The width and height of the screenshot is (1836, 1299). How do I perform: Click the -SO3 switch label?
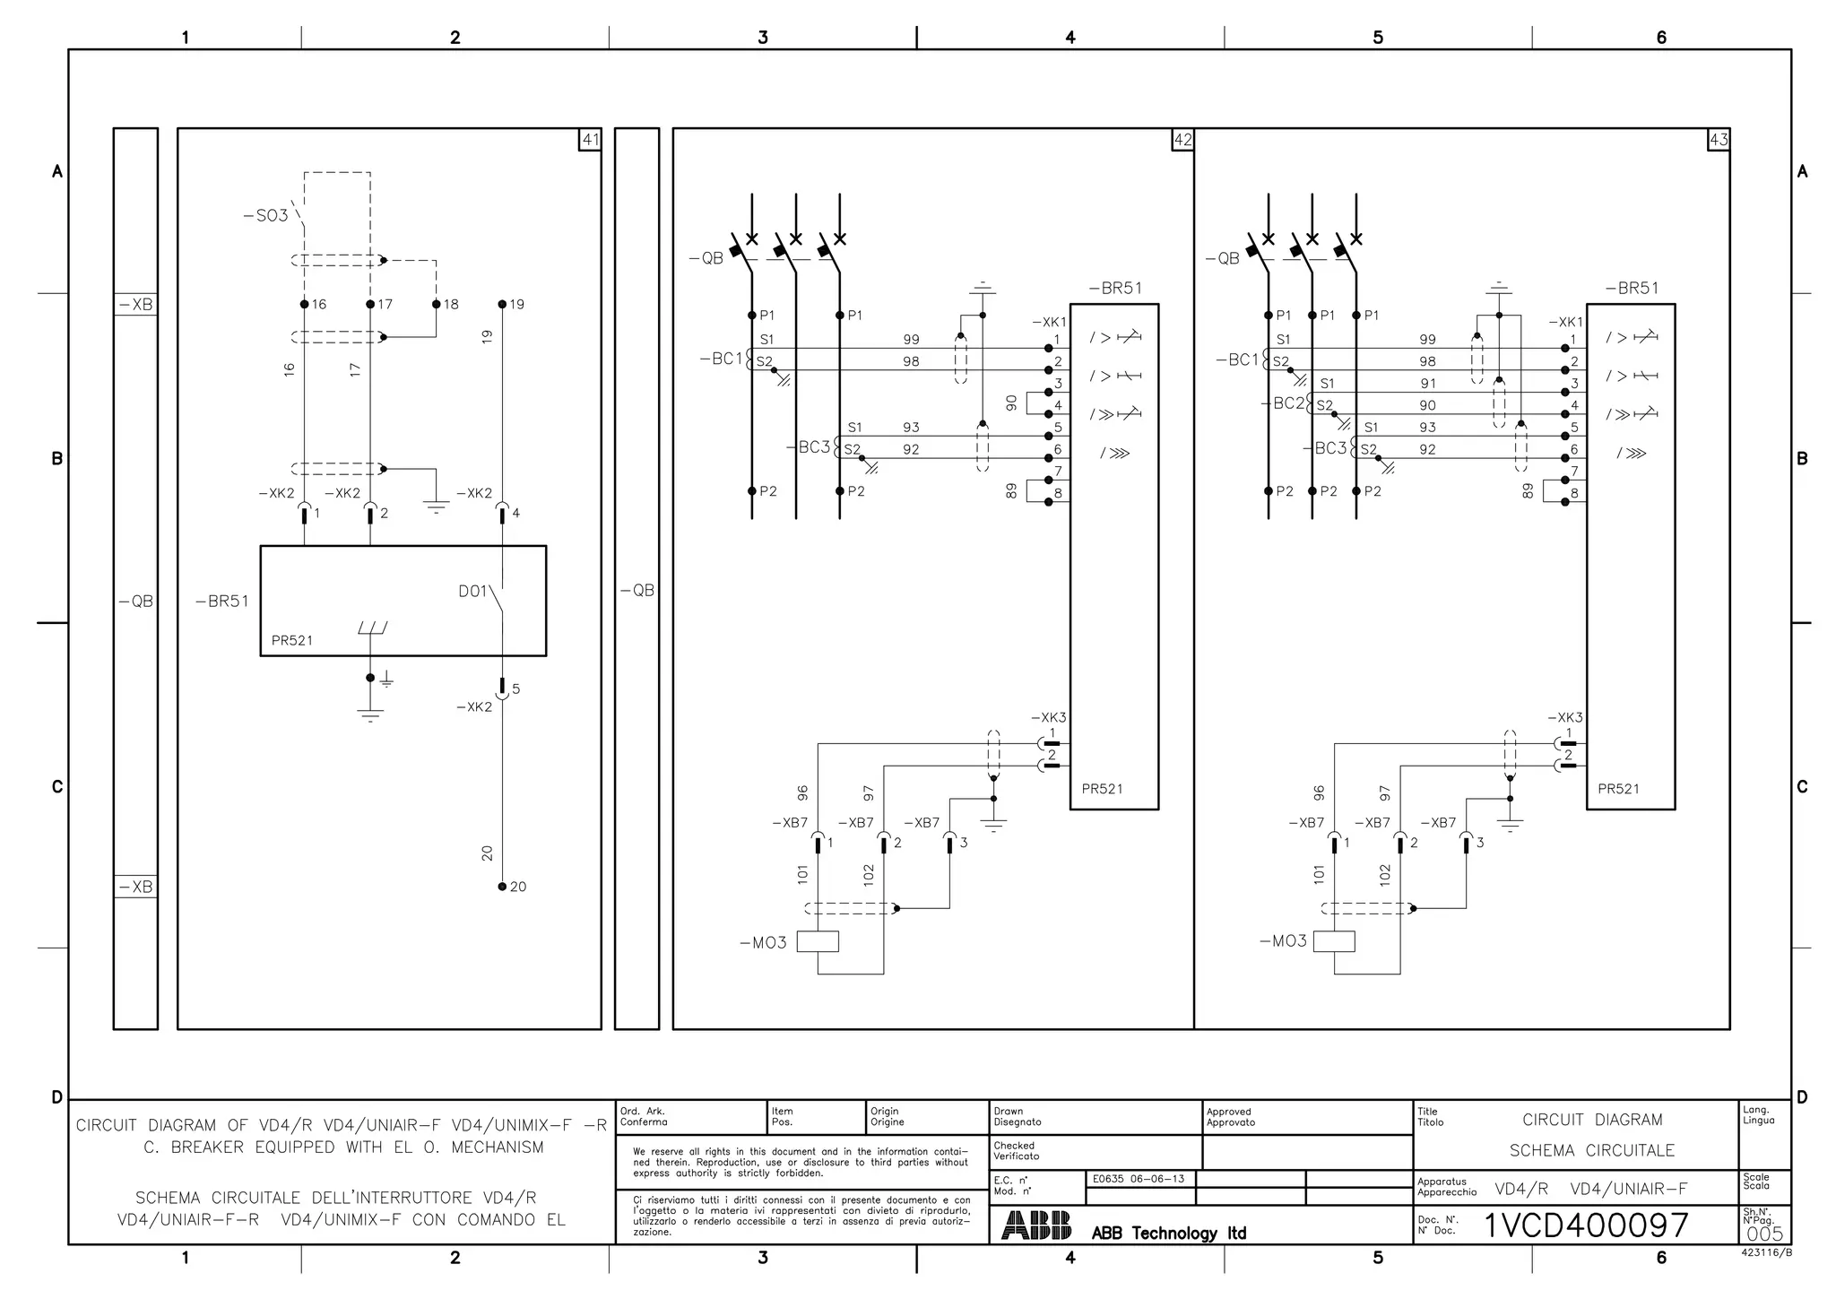point(265,215)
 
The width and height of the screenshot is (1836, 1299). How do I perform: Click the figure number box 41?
point(590,140)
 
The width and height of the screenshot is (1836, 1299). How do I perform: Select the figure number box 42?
point(1182,140)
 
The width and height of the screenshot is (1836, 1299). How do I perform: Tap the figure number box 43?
point(1719,140)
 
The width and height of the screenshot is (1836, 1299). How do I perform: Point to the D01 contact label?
point(472,592)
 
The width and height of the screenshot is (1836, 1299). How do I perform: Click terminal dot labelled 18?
point(437,304)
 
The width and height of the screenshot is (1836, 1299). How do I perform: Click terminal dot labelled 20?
point(502,886)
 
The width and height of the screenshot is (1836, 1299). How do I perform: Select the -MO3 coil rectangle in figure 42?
point(818,941)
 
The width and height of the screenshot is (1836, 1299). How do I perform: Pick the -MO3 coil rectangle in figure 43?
point(1334,941)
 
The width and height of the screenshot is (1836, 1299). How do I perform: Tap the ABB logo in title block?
point(1036,1225)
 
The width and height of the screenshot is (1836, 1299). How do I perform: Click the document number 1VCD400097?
point(1586,1225)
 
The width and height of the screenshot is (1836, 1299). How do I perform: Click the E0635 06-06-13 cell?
point(1139,1179)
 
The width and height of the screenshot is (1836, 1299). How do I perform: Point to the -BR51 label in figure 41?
point(222,602)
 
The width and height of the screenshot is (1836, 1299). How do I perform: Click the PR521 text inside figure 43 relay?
point(1618,789)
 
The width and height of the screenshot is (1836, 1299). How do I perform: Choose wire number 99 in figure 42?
point(911,340)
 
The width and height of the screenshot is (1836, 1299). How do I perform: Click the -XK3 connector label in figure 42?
point(1048,718)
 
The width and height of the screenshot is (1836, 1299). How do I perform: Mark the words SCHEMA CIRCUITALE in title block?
point(1591,1150)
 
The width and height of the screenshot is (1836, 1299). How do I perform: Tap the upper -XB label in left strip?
point(135,305)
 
